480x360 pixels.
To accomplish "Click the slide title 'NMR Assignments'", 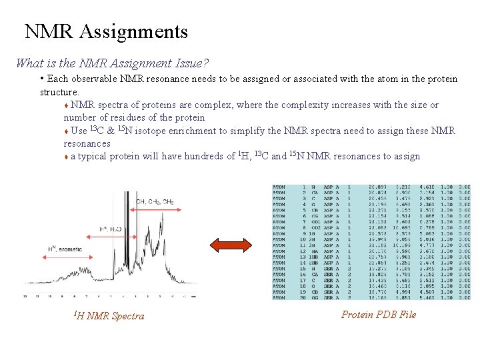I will pyautogui.click(x=106, y=31).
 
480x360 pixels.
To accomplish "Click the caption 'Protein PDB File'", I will pyautogui.click(x=378, y=314).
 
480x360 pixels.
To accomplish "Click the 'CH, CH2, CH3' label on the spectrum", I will pyautogui.click(x=155, y=201).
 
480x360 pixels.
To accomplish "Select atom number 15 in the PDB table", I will pyautogui.click(x=303, y=269).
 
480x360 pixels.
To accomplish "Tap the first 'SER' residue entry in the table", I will pyautogui.click(x=329, y=269).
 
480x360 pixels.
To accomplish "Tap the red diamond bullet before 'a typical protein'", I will pyautogui.click(x=66, y=157).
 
